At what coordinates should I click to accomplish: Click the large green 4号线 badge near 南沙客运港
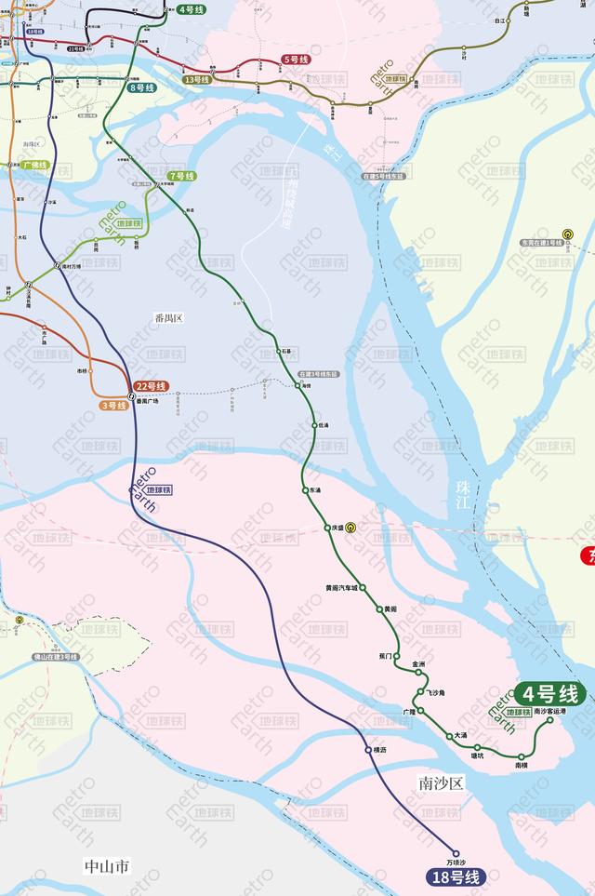point(549,694)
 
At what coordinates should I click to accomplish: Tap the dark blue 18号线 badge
point(456,876)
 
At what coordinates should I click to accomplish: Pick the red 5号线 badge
point(296,60)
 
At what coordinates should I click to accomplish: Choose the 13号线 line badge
point(197,80)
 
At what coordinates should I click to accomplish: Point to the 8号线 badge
point(142,88)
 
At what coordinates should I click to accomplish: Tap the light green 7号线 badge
point(181,176)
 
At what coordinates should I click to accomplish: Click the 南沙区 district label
point(440,782)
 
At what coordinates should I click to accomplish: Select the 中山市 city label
point(107,866)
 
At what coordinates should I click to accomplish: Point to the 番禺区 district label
point(169,318)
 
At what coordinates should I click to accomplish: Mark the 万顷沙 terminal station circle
point(456,853)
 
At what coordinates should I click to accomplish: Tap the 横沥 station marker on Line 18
point(368,750)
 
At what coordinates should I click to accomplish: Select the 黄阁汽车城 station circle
point(364,588)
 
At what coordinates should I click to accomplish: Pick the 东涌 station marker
point(305,489)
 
